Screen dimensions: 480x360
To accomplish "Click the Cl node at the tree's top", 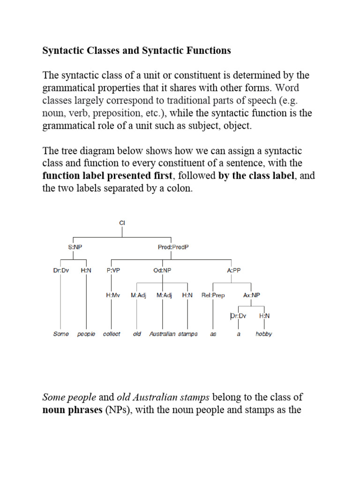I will tap(122, 224).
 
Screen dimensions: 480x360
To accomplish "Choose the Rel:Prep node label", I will tap(213, 295).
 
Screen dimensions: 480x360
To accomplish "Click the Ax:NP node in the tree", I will tap(252, 295).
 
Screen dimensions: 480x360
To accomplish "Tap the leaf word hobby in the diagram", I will tap(263, 334).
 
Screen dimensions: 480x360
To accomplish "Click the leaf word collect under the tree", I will tap(112, 334).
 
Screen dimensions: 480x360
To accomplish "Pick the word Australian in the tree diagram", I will tap(163, 334).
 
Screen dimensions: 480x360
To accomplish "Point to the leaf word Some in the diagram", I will tap(61, 334).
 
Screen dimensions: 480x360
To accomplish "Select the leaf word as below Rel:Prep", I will tap(213, 334).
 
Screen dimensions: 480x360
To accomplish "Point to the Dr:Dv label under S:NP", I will tap(61, 270).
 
